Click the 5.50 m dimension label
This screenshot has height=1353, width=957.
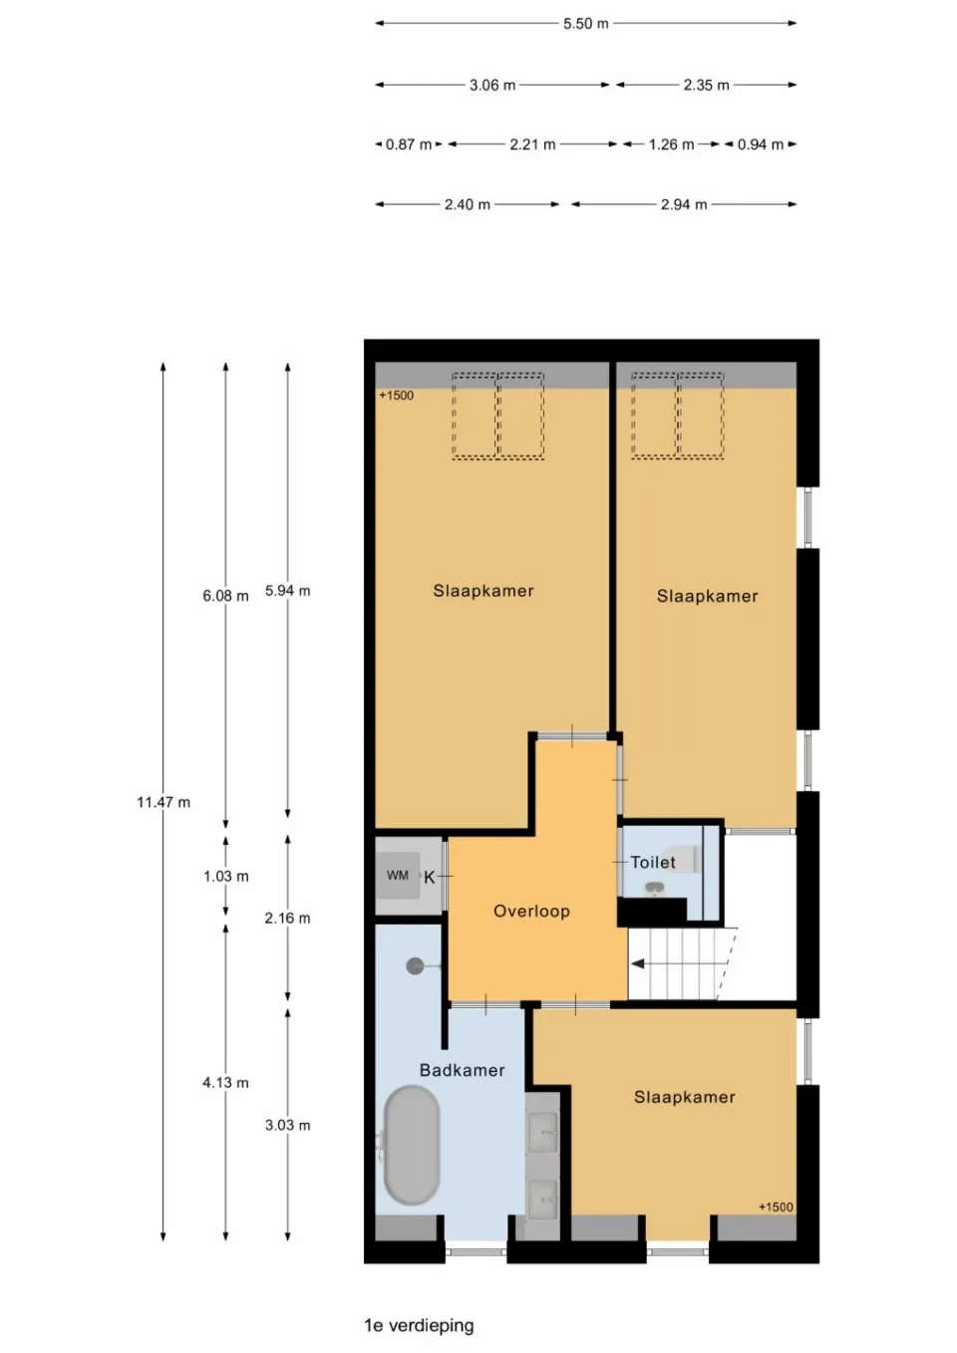585,24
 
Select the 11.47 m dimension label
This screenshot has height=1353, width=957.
163,802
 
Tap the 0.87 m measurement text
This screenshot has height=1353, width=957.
409,145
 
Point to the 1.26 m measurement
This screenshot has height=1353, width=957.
671,145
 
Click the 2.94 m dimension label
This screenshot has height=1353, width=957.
683,205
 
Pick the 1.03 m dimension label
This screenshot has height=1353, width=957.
226,877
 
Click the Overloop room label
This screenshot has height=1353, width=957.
531,912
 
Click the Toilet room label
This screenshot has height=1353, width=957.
653,862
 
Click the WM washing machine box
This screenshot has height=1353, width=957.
398,875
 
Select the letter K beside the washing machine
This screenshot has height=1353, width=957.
429,878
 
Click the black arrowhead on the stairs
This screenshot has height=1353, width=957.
637,964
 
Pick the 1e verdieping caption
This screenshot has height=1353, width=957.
420,1325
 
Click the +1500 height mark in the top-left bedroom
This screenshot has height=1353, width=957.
397,396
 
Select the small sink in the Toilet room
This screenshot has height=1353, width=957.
653,888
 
